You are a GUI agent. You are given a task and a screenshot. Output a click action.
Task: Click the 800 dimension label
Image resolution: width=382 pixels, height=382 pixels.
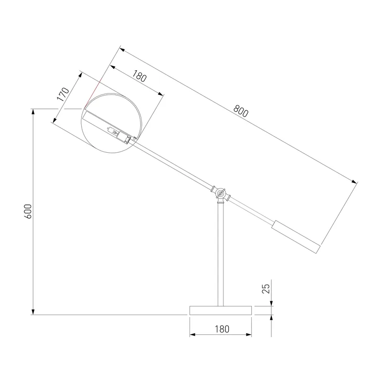241,111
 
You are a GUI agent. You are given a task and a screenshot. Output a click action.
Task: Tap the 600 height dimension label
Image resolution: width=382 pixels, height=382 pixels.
28,211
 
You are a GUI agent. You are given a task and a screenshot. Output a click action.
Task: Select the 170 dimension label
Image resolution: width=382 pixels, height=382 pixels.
63,94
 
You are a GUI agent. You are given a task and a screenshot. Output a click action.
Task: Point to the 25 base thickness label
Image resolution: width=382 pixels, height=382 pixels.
266,289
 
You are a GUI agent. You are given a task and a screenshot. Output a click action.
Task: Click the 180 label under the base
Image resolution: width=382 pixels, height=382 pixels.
222,329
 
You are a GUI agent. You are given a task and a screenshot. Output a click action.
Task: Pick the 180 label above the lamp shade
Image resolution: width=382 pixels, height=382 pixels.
139,76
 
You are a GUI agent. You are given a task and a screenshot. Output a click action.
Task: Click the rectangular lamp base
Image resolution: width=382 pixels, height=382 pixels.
221,310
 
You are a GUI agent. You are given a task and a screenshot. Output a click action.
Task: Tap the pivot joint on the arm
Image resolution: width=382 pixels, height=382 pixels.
221,194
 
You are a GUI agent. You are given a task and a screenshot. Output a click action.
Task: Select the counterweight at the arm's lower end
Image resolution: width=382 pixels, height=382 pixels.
296,237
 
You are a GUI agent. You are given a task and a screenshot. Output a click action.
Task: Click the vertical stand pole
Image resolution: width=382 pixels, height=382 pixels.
221,255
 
